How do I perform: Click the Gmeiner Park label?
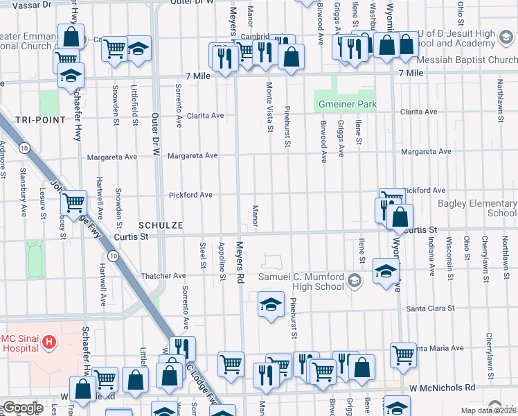347,104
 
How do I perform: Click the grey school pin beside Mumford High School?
355,280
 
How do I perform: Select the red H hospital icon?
48,341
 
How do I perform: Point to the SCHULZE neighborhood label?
160,226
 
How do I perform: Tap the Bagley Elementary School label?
477,208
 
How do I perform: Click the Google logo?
22,408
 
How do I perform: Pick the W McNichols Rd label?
442,388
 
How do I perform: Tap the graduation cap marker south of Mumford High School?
271,304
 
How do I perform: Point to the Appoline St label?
222,261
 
